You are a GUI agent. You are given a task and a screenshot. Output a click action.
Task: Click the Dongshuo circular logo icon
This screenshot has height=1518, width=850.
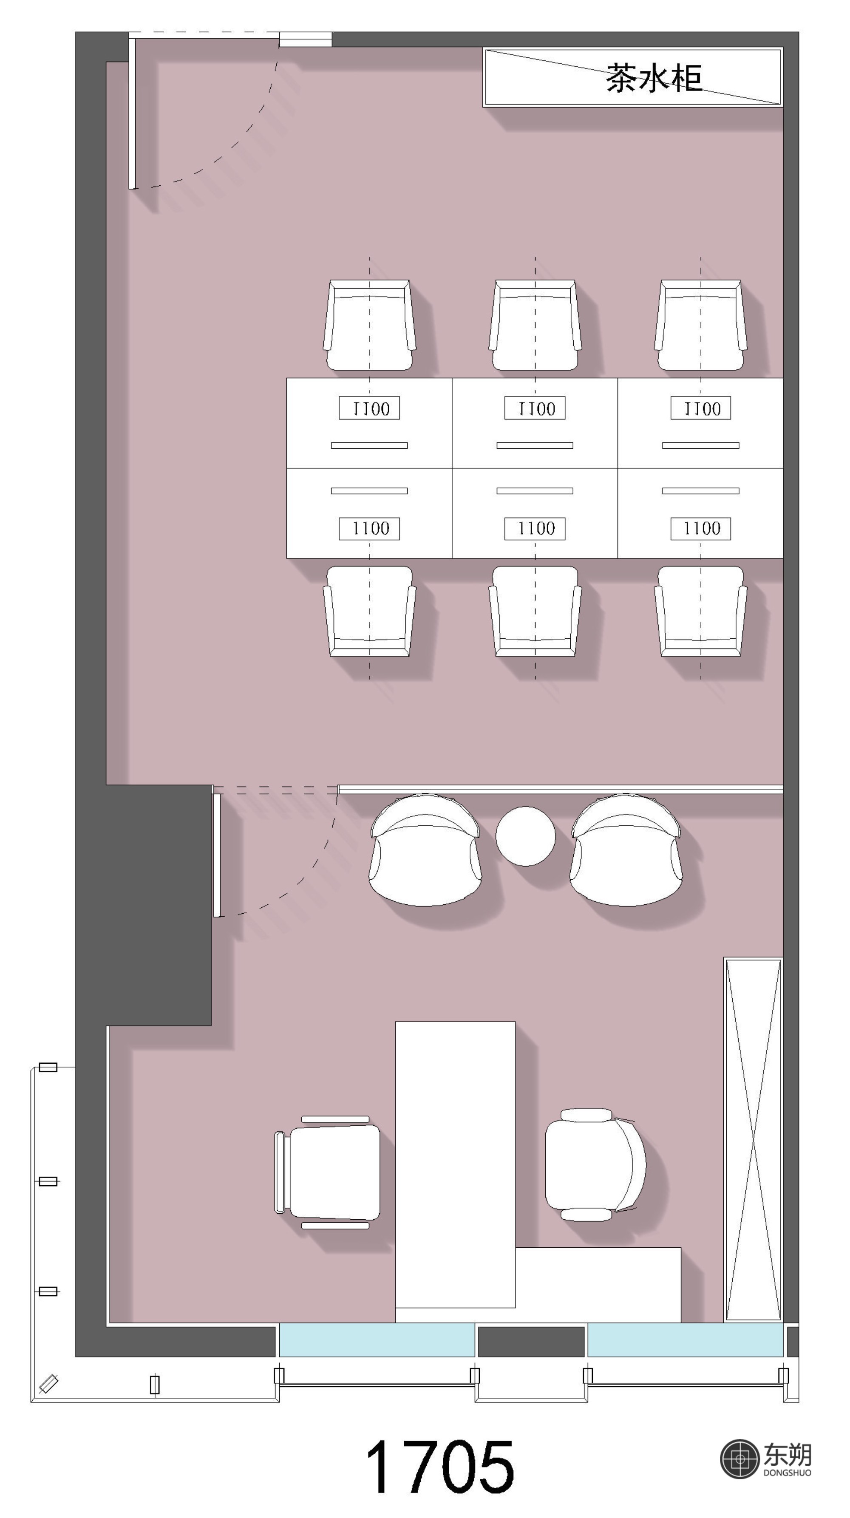point(739,1459)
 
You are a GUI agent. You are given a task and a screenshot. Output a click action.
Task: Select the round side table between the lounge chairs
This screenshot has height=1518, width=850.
point(525,836)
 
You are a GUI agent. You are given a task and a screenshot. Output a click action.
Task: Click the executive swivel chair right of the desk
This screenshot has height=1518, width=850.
point(595,1164)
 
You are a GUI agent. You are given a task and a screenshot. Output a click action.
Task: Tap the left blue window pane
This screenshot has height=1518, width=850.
point(377,1340)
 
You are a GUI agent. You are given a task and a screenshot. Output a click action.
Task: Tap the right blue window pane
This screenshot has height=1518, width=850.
point(685,1340)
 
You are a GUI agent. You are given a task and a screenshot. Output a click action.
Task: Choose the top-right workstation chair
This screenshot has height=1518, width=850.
point(701,325)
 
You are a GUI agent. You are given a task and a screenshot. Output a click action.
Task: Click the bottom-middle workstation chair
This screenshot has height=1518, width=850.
point(535,611)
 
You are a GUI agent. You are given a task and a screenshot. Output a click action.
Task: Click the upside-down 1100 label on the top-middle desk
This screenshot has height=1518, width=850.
point(535,408)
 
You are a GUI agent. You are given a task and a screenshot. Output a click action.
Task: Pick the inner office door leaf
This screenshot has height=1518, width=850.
point(216,855)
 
